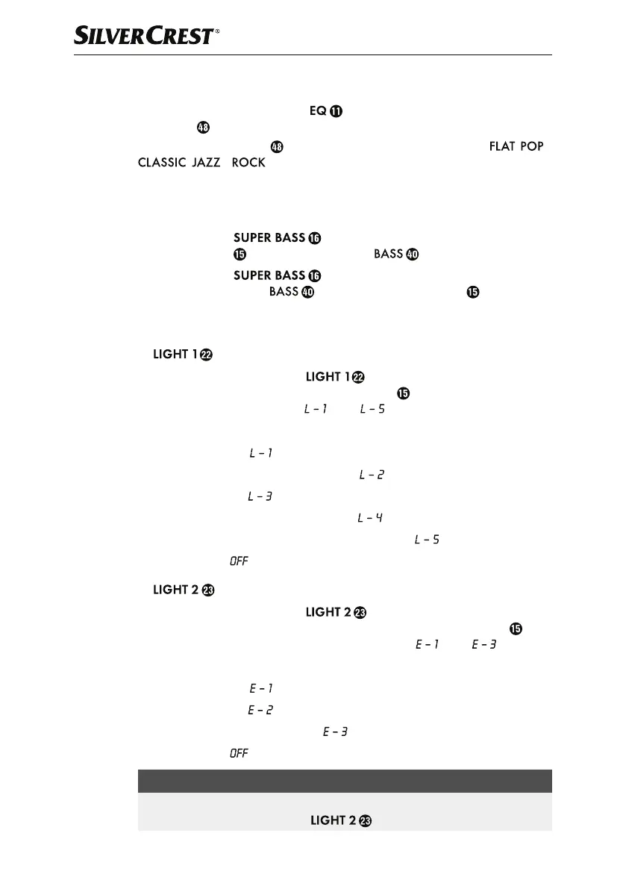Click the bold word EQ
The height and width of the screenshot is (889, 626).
[318, 111]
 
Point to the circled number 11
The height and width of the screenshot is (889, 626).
[337, 111]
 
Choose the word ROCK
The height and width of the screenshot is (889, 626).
[248, 163]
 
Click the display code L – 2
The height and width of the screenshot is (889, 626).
[372, 475]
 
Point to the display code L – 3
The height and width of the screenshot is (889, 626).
[259, 496]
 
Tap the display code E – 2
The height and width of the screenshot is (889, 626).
[260, 711]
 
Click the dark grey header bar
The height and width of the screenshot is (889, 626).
[345, 781]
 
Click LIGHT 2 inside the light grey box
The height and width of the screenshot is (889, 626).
[332, 821]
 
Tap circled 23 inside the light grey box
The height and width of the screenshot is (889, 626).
[365, 821]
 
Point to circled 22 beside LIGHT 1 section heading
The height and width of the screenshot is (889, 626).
[207, 355]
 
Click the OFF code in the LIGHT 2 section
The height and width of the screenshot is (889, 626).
[238, 753]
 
